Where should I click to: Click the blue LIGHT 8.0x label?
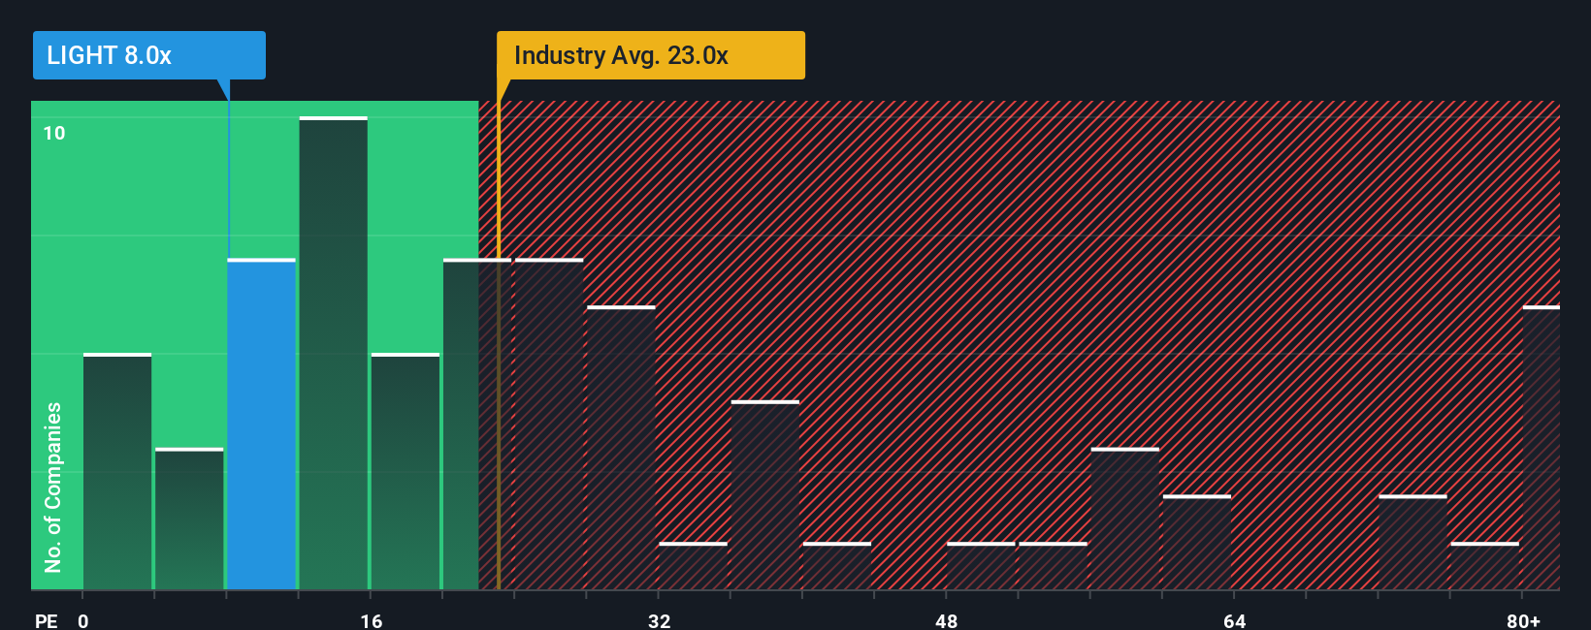click(x=148, y=55)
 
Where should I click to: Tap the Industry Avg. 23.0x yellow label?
click(x=650, y=55)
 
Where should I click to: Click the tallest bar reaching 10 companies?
click(x=333, y=354)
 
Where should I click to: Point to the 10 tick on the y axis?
click(x=54, y=133)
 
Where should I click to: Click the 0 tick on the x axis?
click(x=83, y=620)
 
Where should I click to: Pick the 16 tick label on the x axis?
click(x=372, y=620)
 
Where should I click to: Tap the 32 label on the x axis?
click(x=659, y=620)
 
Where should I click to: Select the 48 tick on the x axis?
click(x=946, y=620)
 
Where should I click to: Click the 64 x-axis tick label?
click(x=1234, y=620)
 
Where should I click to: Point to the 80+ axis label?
click(x=1523, y=620)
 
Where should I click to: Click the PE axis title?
click(x=46, y=620)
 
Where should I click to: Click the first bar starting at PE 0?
click(x=117, y=472)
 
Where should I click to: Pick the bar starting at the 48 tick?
click(x=981, y=566)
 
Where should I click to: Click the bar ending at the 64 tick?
click(x=1197, y=543)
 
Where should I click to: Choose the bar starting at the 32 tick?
click(x=693, y=566)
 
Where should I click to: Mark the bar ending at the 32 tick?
click(x=621, y=448)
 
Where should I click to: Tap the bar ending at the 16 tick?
click(x=333, y=354)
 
